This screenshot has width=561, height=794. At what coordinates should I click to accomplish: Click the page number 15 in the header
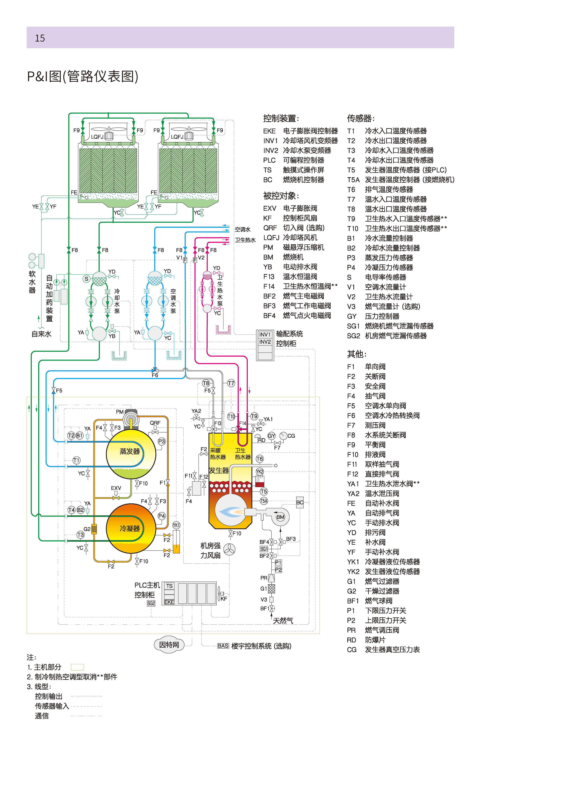40,38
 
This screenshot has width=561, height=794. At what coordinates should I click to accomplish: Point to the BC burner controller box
300,502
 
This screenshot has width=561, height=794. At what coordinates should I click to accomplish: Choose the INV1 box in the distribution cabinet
265,334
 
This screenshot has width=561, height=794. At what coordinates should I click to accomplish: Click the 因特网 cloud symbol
169,645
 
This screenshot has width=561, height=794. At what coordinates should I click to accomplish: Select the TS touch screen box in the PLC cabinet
169,586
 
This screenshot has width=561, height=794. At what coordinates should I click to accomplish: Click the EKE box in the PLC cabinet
169,602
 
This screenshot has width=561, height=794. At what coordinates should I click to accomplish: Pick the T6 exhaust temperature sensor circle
260,459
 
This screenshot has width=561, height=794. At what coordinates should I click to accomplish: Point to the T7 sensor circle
231,383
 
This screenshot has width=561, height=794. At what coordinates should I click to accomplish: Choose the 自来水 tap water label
42,334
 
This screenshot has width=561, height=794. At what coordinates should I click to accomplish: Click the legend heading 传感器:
361,118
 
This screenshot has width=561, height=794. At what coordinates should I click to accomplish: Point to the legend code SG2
353,336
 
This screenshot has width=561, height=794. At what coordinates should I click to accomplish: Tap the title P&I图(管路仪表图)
83,76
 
